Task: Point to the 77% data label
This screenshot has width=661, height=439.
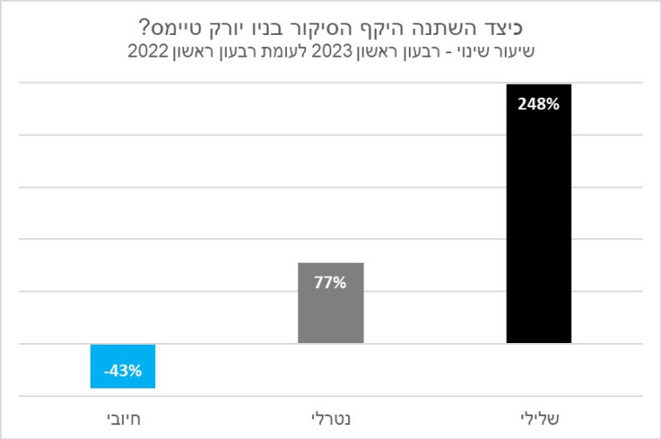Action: click(330, 282)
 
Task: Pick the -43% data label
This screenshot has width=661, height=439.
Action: click(122, 371)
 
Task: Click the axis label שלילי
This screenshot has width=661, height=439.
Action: click(538, 418)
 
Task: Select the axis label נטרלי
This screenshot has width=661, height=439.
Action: click(330, 418)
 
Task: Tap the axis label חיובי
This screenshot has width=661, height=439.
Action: click(122, 418)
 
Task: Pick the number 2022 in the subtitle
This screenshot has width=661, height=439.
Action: click(148, 51)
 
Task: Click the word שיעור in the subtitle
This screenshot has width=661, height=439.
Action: click(511, 51)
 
